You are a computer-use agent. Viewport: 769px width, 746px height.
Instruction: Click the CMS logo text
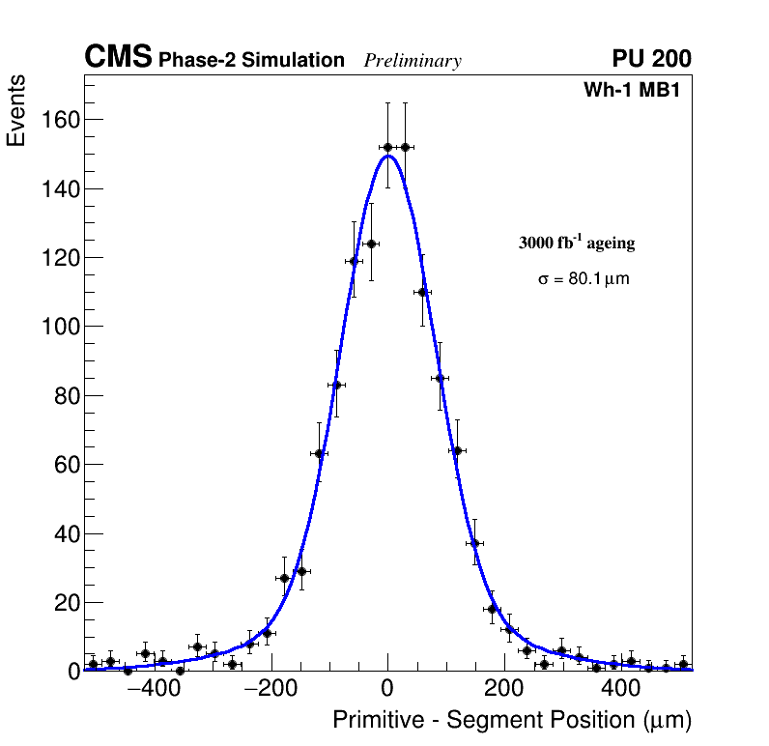pos(118,58)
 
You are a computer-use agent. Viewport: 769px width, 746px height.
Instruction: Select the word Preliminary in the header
pos(413,61)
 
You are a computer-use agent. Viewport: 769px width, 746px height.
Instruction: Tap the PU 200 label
pos(651,59)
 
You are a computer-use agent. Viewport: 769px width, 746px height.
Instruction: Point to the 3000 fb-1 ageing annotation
pos(577,243)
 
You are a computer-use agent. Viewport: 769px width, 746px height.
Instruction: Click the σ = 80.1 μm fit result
pos(584,279)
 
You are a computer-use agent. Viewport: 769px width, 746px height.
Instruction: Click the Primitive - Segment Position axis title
pos(512,720)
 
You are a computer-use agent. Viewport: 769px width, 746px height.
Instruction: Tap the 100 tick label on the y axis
pos(58,327)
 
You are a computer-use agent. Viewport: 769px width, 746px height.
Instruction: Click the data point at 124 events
pos(371,244)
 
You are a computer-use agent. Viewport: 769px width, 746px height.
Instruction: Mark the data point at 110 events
pos(422,292)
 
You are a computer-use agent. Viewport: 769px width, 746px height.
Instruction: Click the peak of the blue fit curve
pos(387,156)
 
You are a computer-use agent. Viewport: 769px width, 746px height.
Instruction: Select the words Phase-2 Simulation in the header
pos(251,61)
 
